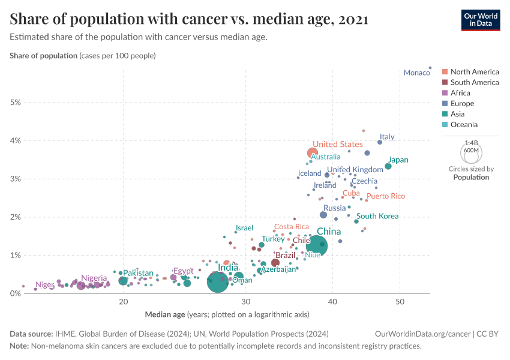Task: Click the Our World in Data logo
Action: point(480,19)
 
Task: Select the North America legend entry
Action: point(474,72)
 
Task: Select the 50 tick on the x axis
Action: point(400,301)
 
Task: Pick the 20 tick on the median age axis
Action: point(123,301)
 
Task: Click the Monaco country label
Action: point(416,73)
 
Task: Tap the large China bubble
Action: point(317,245)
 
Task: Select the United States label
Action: point(338,144)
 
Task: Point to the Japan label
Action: point(398,160)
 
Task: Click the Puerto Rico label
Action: point(385,196)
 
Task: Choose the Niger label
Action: point(44,285)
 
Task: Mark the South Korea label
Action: point(377,216)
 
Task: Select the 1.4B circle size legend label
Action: point(471,143)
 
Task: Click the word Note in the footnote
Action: point(19,346)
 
